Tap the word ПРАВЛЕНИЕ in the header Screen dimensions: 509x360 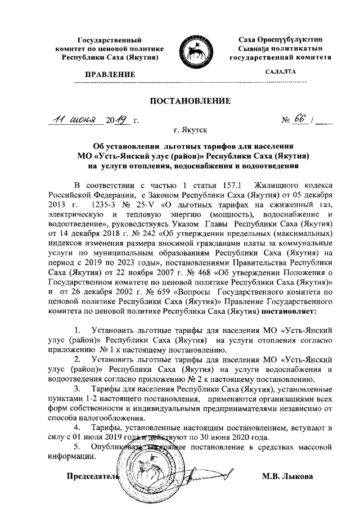tap(110, 74)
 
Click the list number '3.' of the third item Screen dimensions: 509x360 tap(78, 389)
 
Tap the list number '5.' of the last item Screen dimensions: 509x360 tap(78, 445)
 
